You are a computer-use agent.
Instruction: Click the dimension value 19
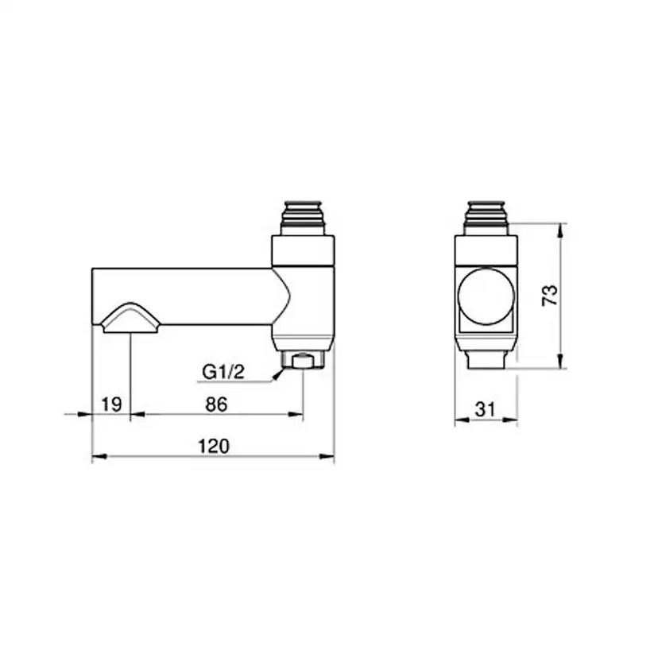click(x=111, y=404)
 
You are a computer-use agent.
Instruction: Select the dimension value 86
click(x=216, y=404)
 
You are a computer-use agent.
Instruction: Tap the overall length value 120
click(x=214, y=447)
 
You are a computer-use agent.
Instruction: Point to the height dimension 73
click(x=550, y=296)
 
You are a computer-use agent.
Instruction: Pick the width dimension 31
click(x=486, y=409)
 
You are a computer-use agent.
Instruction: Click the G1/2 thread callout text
click(x=223, y=372)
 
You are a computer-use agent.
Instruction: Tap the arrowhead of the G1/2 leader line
click(x=277, y=375)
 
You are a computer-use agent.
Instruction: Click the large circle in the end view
click(x=486, y=296)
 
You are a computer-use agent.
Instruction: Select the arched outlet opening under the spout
click(x=130, y=318)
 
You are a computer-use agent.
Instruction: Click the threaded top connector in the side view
click(x=303, y=219)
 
